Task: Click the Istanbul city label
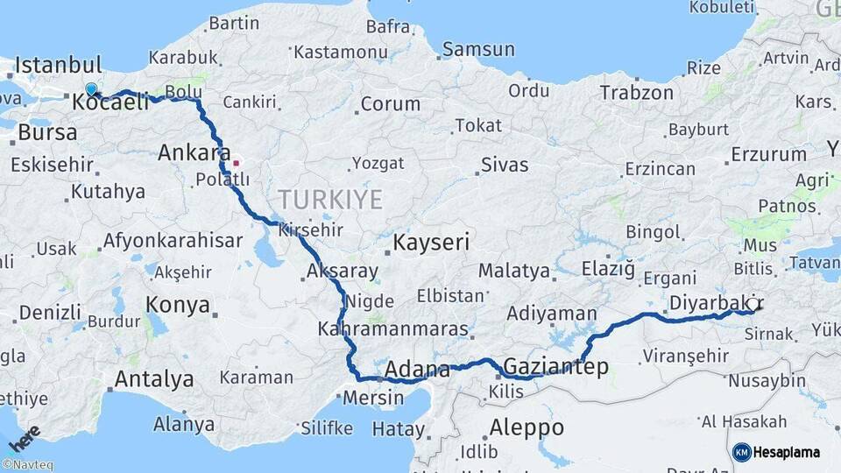tap(58, 66)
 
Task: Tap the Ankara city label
tap(194, 153)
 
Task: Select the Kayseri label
tap(431, 242)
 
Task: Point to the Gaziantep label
tap(555, 367)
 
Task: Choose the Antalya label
tap(154, 379)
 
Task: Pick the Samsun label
tap(477, 50)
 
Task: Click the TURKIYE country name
tap(330, 200)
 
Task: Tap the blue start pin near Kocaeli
tap(91, 89)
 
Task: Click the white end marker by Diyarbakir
tap(751, 304)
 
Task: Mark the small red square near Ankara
tap(236, 163)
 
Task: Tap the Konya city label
tap(178, 305)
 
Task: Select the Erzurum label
tap(768, 154)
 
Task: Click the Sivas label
tap(505, 165)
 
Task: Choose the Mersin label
tap(373, 397)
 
